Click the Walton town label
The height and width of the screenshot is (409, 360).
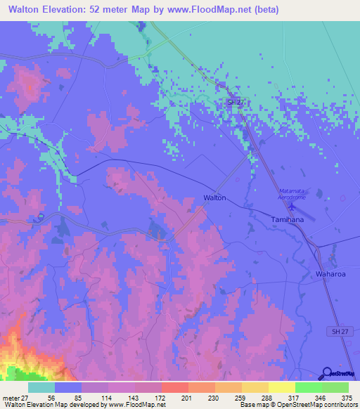tap(214, 198)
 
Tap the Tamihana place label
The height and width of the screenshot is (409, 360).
tap(287, 220)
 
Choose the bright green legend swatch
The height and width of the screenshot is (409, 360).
tap(308, 388)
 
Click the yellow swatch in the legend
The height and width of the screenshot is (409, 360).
tap(281, 388)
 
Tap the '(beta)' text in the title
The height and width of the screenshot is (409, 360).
tap(266, 10)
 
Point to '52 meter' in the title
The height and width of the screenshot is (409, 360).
tap(115, 10)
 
